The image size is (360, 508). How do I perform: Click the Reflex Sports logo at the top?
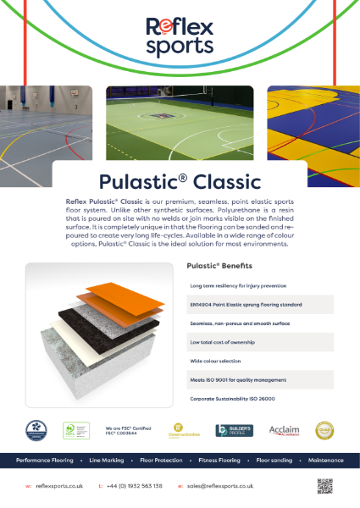click(x=180, y=37)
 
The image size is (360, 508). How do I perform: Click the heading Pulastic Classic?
click(x=180, y=181)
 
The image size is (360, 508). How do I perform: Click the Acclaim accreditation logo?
click(x=284, y=431)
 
